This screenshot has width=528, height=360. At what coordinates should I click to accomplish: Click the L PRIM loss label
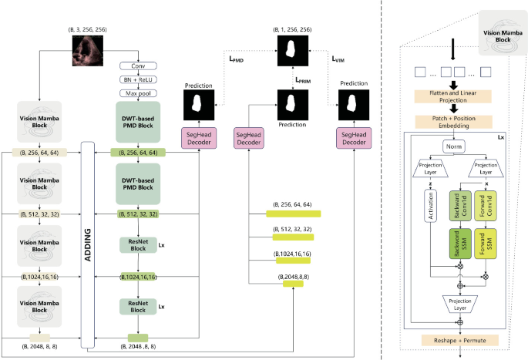pyautogui.click(x=307, y=79)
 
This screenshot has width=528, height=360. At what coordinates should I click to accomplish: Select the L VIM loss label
pyautogui.click(x=338, y=57)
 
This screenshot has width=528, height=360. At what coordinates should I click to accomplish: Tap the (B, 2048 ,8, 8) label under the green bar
pyautogui.click(x=140, y=348)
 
